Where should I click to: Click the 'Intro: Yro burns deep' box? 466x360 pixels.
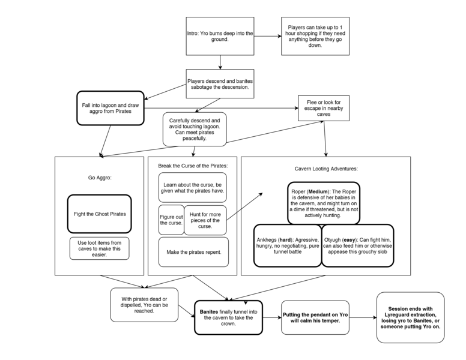220,36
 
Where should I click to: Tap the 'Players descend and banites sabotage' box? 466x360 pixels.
220,83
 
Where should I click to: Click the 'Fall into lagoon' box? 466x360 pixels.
110,108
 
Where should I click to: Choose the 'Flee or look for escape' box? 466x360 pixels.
324,108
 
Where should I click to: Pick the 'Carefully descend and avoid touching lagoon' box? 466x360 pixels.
194,129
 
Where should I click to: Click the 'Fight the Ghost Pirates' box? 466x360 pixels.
99,214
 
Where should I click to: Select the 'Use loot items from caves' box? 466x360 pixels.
99,248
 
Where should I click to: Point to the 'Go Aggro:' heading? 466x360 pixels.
99,178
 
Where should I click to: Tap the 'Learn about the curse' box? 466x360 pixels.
193,187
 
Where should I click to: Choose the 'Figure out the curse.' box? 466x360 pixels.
171,219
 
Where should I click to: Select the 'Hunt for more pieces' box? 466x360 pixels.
205,219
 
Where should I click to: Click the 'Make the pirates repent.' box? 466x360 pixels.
193,252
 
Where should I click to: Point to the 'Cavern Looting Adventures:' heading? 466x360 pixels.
325,169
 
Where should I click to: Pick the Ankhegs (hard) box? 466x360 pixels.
287,245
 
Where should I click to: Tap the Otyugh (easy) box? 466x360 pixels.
358,245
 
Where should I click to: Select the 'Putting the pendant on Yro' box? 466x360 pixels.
315,317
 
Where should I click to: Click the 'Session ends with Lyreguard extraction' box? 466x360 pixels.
410,317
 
